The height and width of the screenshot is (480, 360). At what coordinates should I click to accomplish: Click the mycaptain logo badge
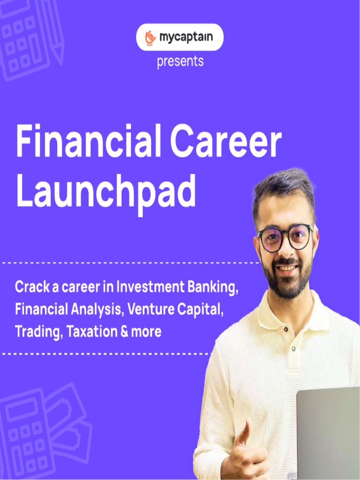coord(180,37)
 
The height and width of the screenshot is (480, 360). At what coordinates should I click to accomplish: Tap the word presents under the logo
coord(180,62)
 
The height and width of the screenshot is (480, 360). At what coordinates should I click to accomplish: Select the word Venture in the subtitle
coord(150,309)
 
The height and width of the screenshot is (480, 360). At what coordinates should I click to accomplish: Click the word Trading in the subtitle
coord(38,332)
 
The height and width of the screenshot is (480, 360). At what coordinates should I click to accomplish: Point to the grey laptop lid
coord(328,431)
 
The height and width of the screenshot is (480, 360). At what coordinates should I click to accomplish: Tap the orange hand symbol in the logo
coord(150,37)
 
